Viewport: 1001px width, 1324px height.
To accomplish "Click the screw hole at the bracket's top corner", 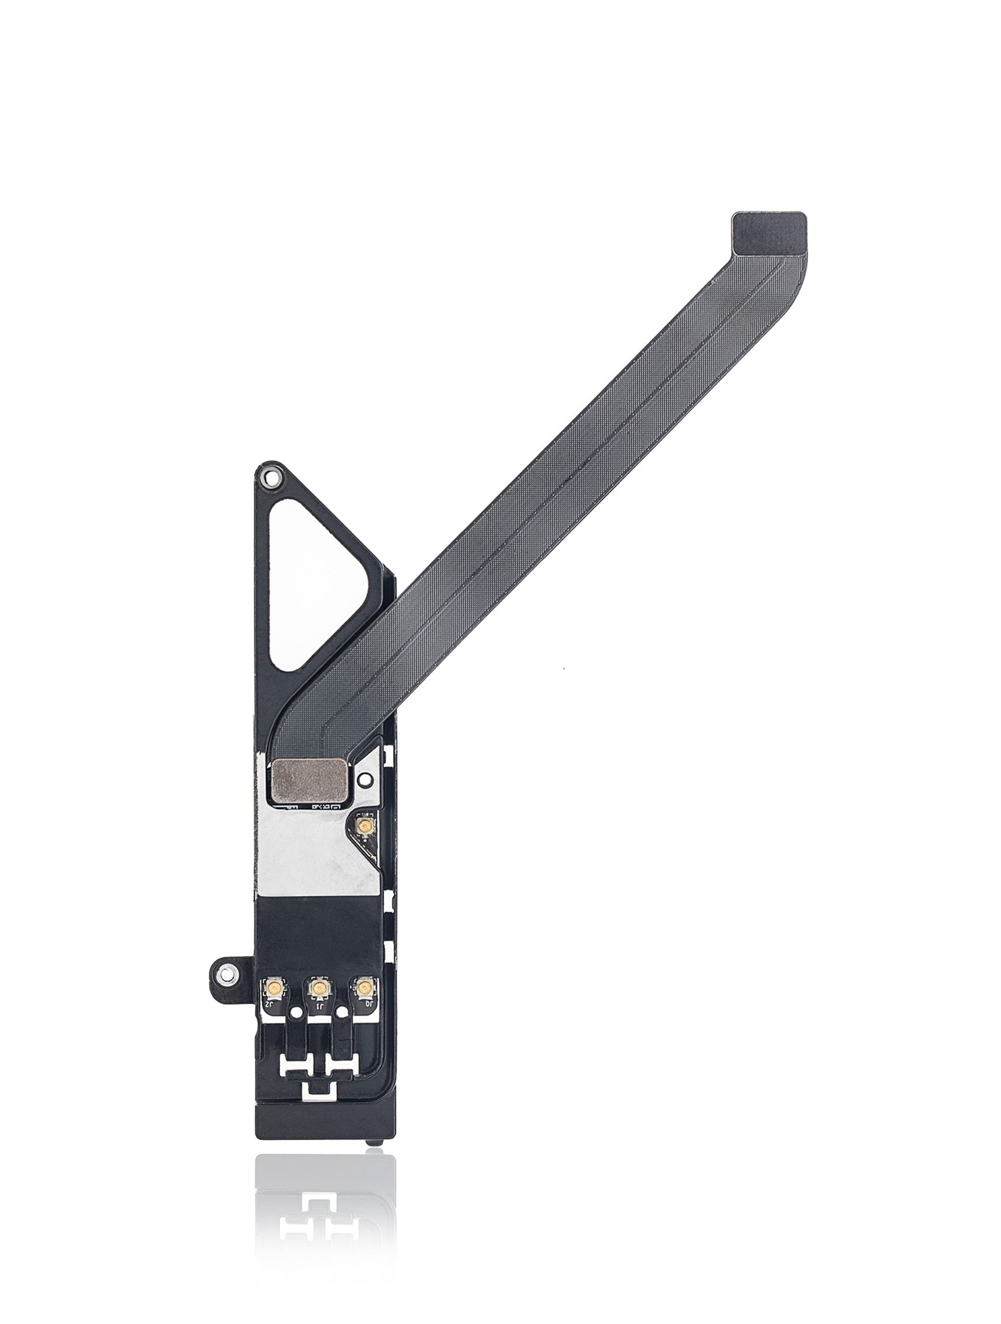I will (269, 478).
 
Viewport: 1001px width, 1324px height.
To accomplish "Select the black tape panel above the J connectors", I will (317, 937).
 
